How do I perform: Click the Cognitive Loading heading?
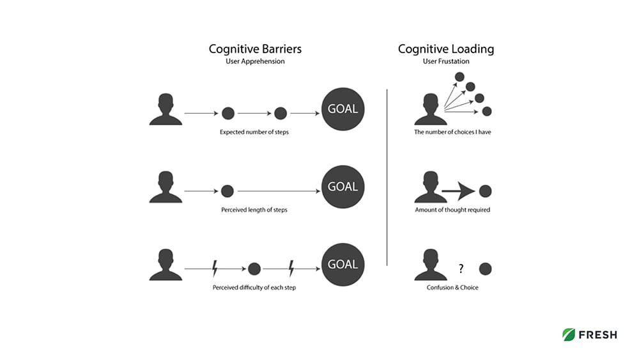tap(445, 49)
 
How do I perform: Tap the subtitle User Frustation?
tap(445, 61)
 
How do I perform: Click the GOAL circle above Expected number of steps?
tap(343, 109)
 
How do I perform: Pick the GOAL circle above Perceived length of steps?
tap(343, 187)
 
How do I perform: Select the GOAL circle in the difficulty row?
tap(343, 264)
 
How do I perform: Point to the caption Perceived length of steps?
tap(254, 210)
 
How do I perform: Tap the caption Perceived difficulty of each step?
tap(254, 288)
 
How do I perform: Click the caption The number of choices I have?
tap(452, 132)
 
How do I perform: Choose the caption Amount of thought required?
tap(452, 210)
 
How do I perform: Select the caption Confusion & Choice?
tap(452, 288)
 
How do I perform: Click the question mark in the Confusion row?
tap(461, 269)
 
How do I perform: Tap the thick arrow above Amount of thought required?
tap(458, 191)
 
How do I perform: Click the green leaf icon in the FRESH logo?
tap(568, 334)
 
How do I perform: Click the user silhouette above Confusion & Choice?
tap(430, 265)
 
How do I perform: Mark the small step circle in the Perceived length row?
tap(227, 191)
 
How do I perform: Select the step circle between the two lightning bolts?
tap(254, 269)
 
